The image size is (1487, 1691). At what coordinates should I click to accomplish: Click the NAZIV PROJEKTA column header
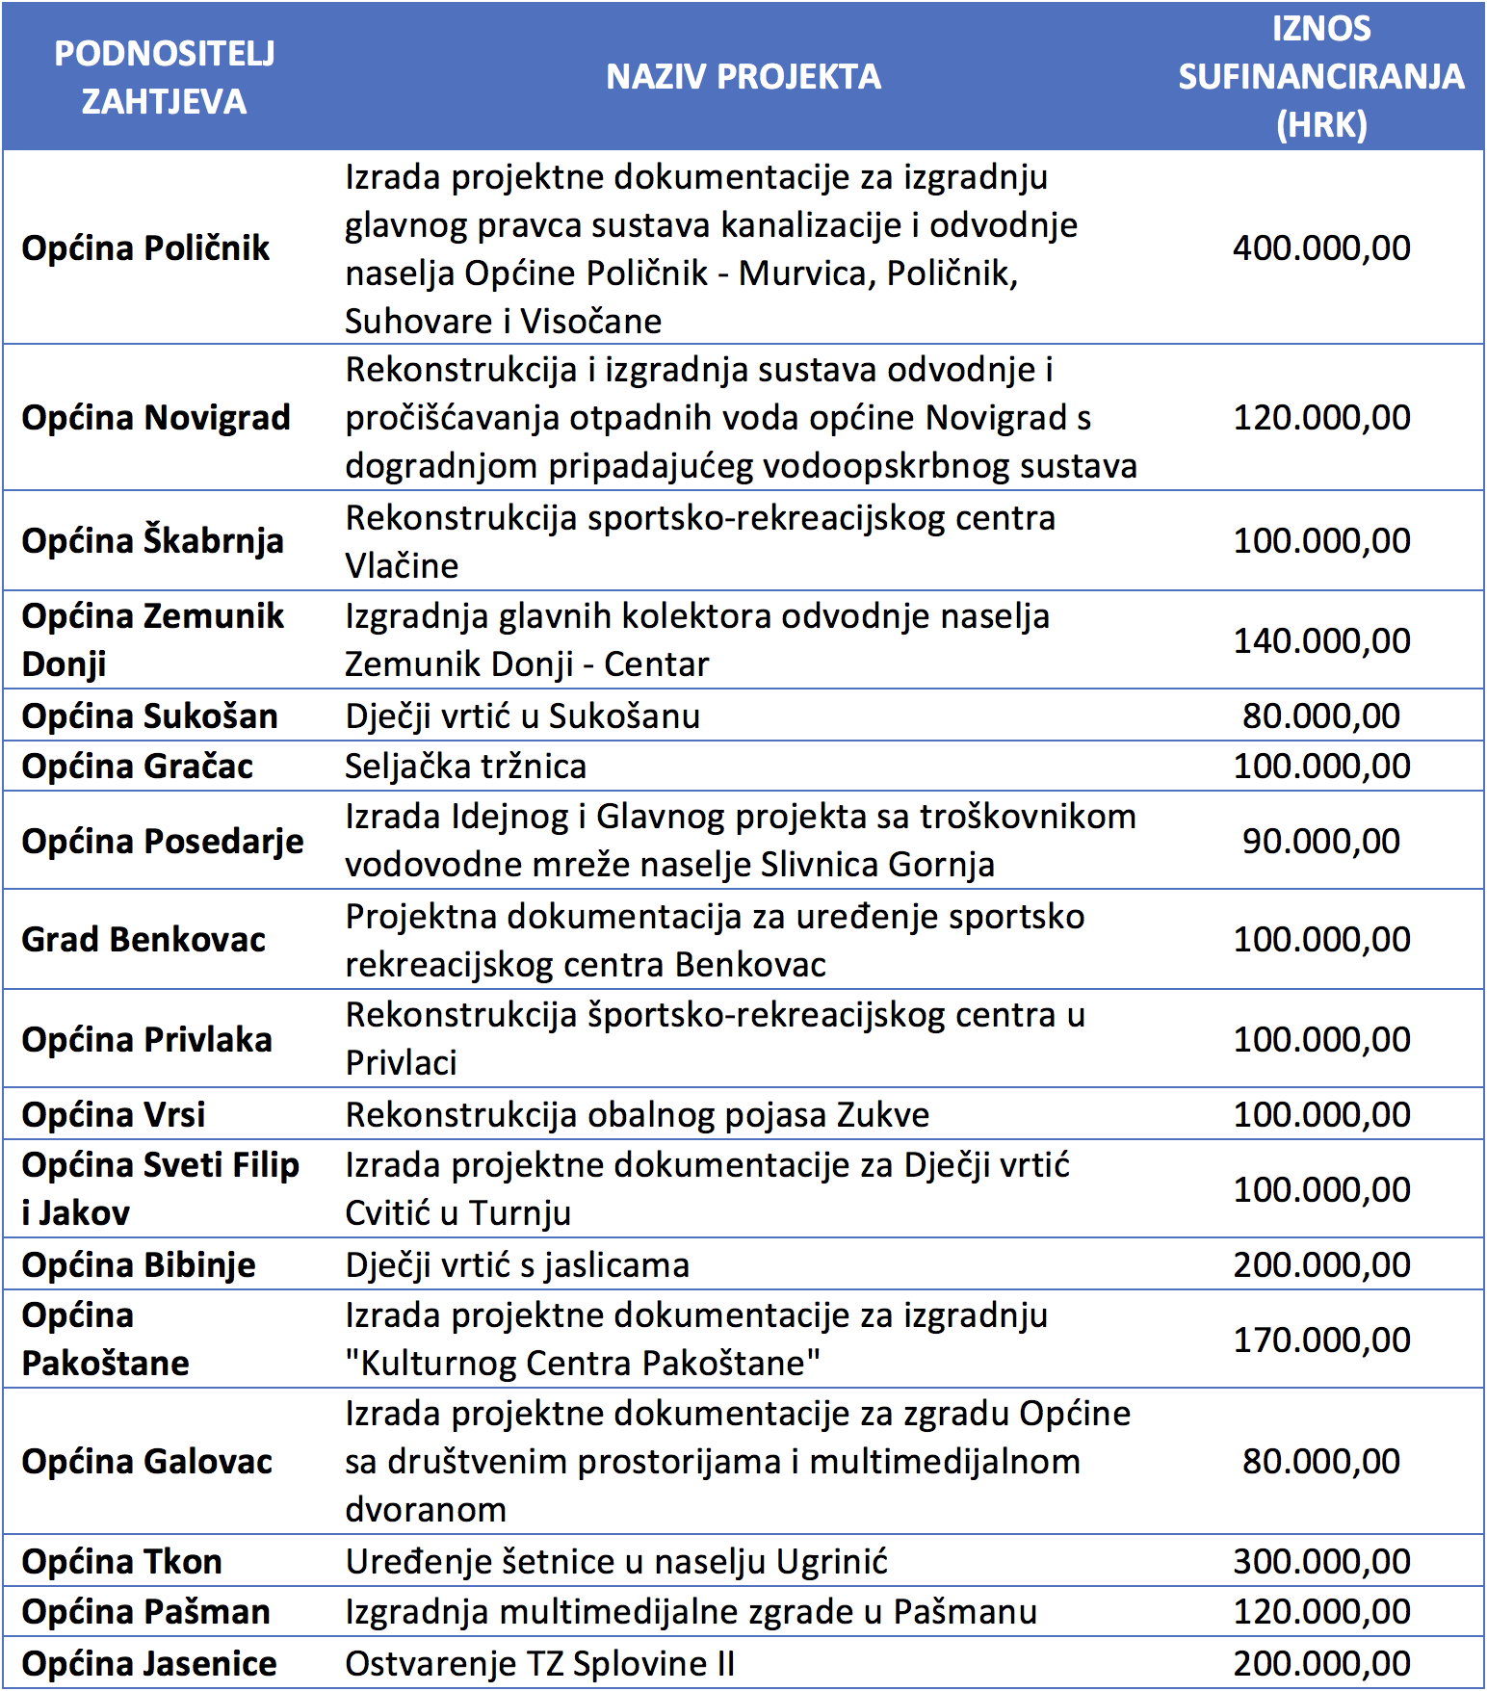pyautogui.click(x=743, y=77)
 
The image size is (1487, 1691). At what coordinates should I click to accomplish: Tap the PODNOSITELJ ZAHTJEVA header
pyautogui.click(x=165, y=77)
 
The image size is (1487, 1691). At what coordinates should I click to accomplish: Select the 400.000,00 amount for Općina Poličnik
pyautogui.click(x=1321, y=248)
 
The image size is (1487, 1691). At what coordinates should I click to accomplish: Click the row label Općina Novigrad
pyautogui.click(x=156, y=418)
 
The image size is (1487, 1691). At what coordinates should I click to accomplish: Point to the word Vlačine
pyautogui.click(x=402, y=565)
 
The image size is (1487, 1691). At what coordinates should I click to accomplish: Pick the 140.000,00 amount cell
pyautogui.click(x=1321, y=641)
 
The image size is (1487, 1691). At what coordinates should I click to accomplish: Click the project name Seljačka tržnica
pyautogui.click(x=466, y=767)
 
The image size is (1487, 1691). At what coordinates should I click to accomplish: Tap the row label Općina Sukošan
pyautogui.click(x=150, y=716)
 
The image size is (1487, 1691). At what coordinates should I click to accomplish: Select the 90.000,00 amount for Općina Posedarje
pyautogui.click(x=1321, y=842)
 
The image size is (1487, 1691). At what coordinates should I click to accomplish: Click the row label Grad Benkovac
pyautogui.click(x=143, y=940)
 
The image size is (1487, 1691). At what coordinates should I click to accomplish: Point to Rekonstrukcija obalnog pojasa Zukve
pyautogui.click(x=638, y=1115)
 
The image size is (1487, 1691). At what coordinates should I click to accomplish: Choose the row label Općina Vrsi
pyautogui.click(x=114, y=1115)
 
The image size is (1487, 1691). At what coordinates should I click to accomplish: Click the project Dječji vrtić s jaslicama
pyautogui.click(x=517, y=1265)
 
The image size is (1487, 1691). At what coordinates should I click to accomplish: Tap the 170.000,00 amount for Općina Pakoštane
pyautogui.click(x=1321, y=1340)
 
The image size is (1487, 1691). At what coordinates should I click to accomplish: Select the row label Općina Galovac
pyautogui.click(x=147, y=1462)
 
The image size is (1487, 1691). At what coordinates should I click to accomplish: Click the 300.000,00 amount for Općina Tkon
pyautogui.click(x=1321, y=1562)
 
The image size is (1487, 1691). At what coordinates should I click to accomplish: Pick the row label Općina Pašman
pyautogui.click(x=146, y=1612)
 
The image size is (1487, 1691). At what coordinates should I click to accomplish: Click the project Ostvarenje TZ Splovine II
pyautogui.click(x=540, y=1664)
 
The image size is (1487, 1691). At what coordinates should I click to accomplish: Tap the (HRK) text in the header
pyautogui.click(x=1321, y=125)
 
